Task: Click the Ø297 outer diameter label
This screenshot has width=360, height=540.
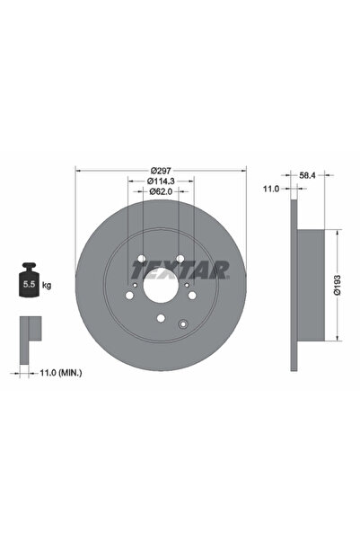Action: (x=161, y=171)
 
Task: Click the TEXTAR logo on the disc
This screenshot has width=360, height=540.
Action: (x=180, y=269)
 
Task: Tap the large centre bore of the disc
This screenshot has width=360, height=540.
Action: (x=161, y=285)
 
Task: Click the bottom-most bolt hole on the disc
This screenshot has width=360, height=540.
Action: (x=160, y=318)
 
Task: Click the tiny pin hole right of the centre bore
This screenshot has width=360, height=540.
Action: (x=188, y=287)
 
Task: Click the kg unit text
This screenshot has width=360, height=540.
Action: (x=47, y=285)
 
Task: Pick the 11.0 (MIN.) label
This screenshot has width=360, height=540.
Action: (x=60, y=370)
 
